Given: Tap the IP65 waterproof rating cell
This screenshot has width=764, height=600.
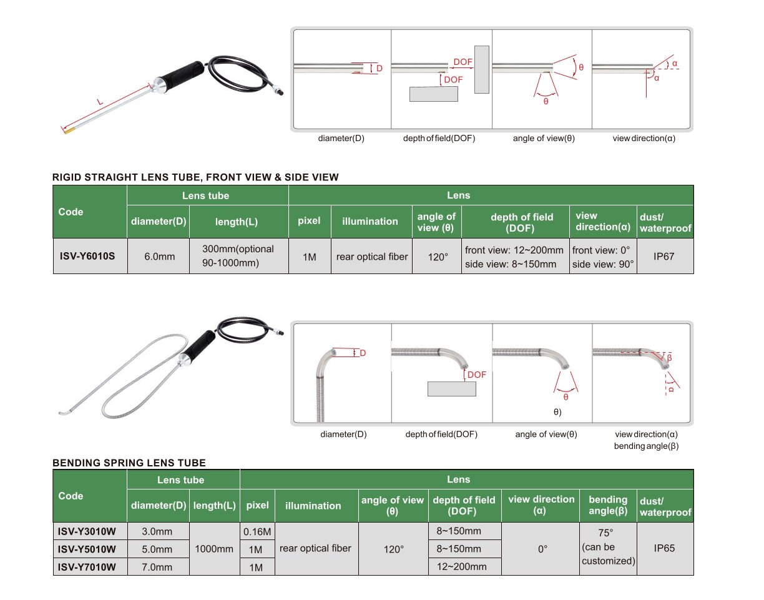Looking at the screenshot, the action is click(664, 548).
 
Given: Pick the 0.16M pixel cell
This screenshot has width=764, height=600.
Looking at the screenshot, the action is click(257, 531).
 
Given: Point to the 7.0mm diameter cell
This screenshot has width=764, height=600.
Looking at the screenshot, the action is click(157, 567).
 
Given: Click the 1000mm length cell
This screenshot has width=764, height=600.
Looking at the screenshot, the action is click(213, 549).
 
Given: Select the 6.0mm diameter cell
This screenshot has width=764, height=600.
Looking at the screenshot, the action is click(159, 257).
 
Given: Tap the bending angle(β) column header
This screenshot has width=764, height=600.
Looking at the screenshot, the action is click(608, 505).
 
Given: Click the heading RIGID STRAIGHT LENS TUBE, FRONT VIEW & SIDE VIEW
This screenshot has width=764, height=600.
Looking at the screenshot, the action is click(195, 177).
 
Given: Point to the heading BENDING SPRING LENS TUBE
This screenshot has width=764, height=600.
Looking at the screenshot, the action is click(129, 463).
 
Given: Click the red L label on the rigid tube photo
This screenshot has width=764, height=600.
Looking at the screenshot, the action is click(100, 102).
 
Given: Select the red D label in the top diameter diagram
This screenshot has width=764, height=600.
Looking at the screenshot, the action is click(379, 68).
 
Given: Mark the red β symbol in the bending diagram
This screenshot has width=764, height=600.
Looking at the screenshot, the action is click(669, 358).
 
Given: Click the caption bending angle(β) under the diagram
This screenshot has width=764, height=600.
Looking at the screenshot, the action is click(646, 446).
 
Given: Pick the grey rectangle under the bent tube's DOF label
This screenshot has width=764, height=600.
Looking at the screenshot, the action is click(451, 389).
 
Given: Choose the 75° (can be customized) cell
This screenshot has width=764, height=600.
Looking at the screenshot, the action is click(608, 547).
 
